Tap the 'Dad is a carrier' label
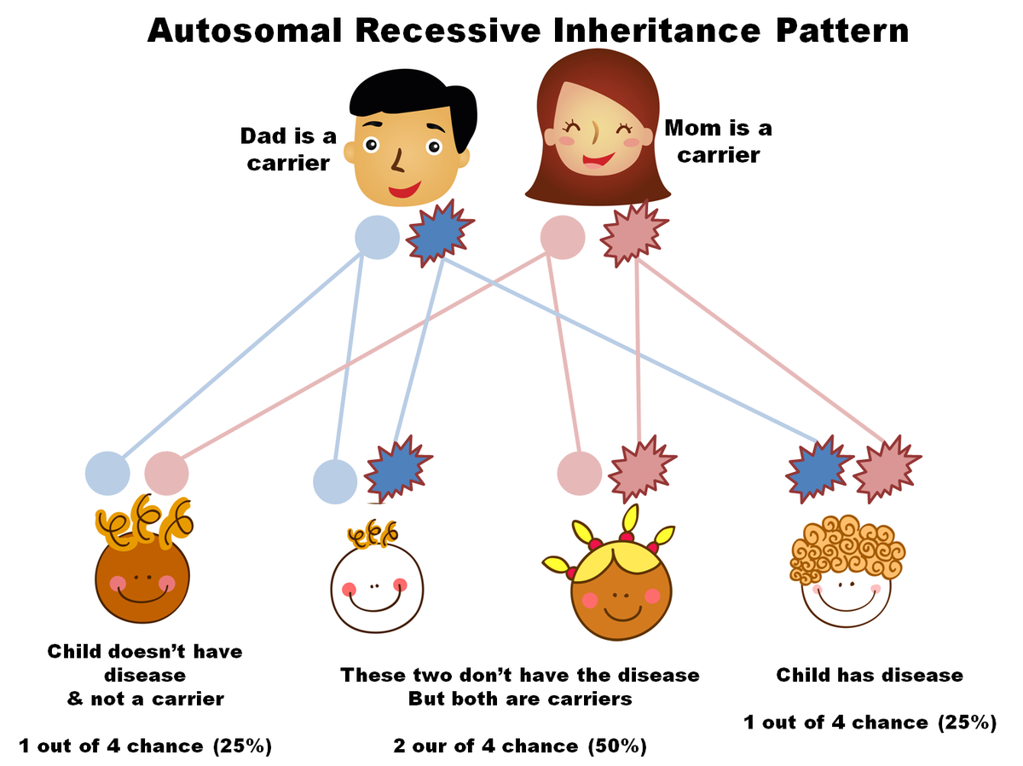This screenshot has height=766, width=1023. click(288, 149)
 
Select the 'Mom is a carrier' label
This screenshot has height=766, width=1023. click(718, 141)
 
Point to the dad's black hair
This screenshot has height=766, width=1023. click(413, 94)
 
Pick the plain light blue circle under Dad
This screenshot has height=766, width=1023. click(377, 238)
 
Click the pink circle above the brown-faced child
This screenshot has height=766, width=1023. click(166, 473)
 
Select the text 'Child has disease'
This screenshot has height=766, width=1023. click(870, 676)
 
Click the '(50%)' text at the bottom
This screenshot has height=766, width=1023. click(616, 746)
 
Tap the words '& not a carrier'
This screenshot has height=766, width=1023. click(145, 700)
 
